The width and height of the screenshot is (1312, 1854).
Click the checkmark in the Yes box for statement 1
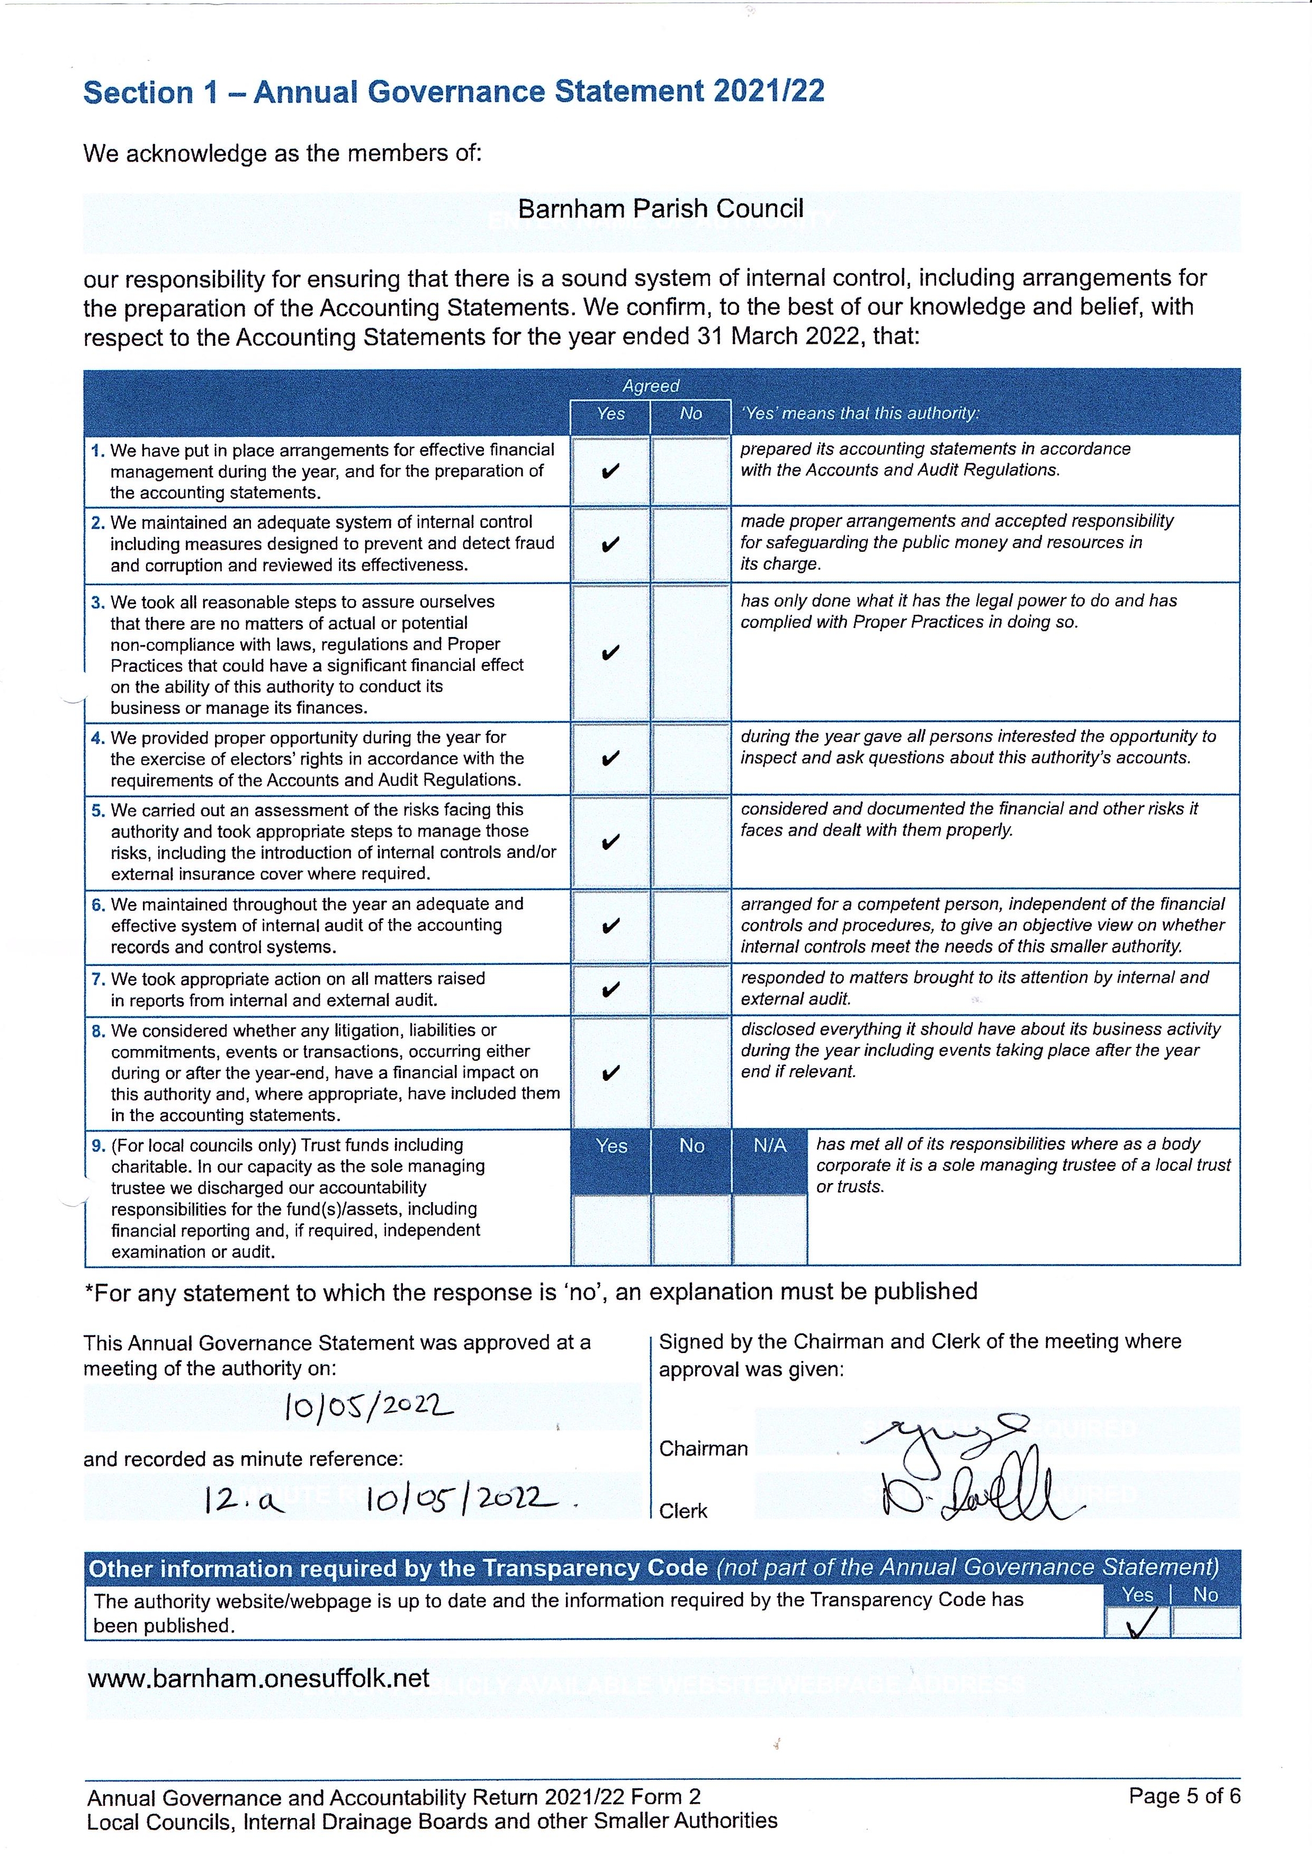(611, 471)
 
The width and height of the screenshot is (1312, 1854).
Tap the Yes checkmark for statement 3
(611, 653)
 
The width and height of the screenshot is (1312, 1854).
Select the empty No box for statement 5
(691, 842)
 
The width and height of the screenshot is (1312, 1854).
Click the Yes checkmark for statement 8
(611, 1073)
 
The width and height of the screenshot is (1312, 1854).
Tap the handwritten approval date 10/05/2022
(369, 1409)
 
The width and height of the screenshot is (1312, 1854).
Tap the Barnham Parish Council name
(660, 209)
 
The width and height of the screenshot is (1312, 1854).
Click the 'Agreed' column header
(650, 386)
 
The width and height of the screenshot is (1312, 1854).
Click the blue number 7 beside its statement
(98, 979)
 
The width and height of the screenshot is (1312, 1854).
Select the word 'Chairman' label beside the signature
(703, 1448)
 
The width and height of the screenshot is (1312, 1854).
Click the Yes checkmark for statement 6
(611, 926)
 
